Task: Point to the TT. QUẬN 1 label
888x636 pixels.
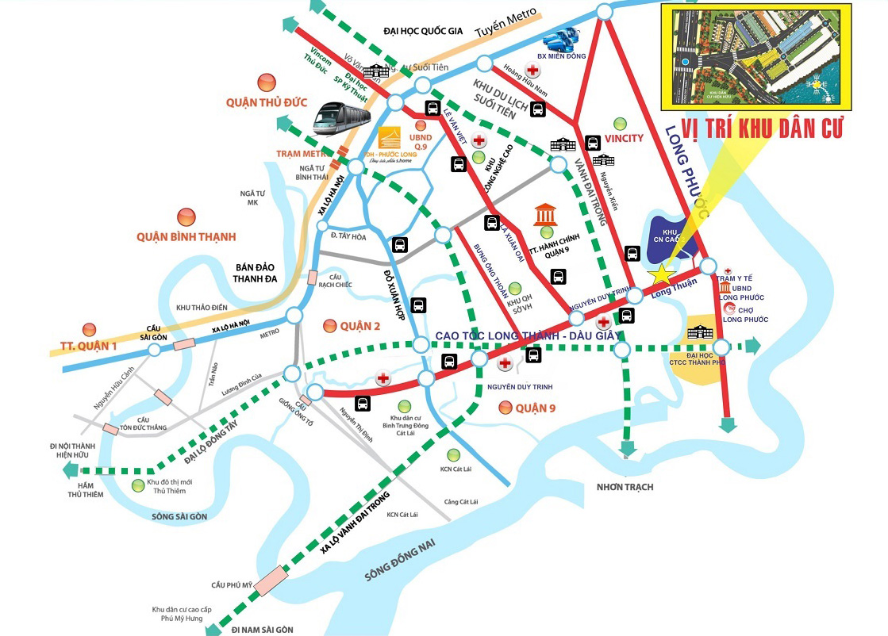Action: coord(88,346)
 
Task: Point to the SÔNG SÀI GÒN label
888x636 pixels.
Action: coord(179,516)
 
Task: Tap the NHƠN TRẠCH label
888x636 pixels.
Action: coord(625,486)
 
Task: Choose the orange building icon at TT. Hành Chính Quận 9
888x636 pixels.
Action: coord(545,214)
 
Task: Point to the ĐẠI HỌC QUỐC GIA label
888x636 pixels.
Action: coord(422,32)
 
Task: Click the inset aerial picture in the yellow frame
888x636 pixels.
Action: coord(755,56)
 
